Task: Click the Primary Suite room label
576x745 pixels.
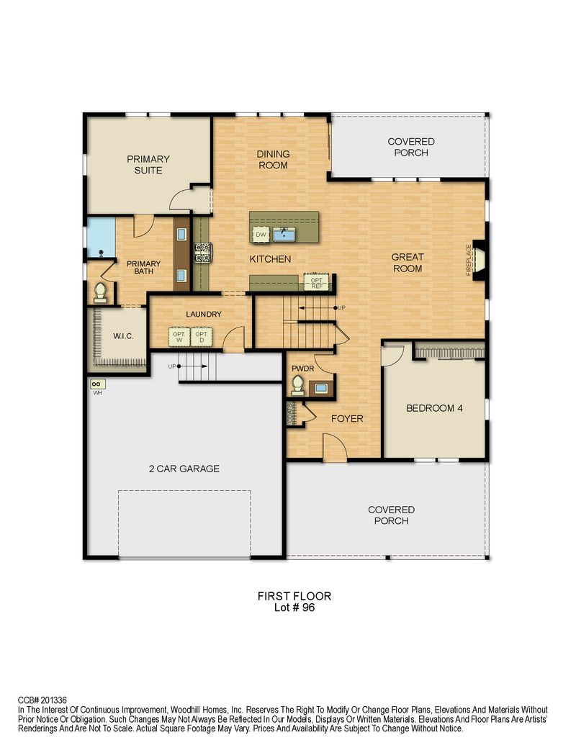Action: pyautogui.click(x=148, y=164)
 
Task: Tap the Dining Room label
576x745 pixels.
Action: pyautogui.click(x=273, y=159)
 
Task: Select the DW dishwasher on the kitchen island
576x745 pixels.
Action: pyautogui.click(x=261, y=234)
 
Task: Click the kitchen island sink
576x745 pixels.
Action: pyautogui.click(x=284, y=234)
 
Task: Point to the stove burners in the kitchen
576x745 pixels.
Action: pyautogui.click(x=203, y=253)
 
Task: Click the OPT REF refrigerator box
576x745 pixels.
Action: pyautogui.click(x=317, y=281)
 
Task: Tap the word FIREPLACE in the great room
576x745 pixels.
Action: pyautogui.click(x=469, y=259)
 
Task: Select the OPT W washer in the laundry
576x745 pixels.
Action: pyautogui.click(x=179, y=337)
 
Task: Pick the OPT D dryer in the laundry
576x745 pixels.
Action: pyautogui.click(x=202, y=337)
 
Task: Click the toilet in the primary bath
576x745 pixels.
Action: pyautogui.click(x=100, y=292)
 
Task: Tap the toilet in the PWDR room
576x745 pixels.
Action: pyautogui.click(x=297, y=385)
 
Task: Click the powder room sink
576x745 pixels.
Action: pyautogui.click(x=321, y=388)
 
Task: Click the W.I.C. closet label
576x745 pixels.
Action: pyautogui.click(x=123, y=336)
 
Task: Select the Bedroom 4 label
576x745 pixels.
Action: pyautogui.click(x=434, y=407)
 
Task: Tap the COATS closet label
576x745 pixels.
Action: pyautogui.click(x=290, y=413)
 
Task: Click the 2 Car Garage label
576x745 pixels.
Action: pyautogui.click(x=184, y=469)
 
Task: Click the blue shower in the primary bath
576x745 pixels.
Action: pyautogui.click(x=101, y=237)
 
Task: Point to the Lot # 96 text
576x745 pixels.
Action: pyautogui.click(x=294, y=608)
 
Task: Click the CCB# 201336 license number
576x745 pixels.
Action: pyautogui.click(x=42, y=700)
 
